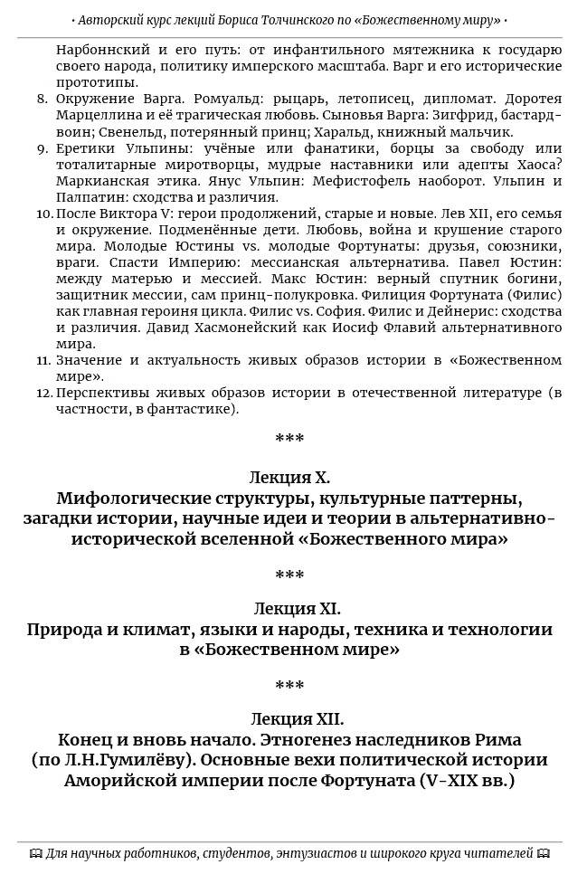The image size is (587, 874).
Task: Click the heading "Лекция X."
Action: point(289,478)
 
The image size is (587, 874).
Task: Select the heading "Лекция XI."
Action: point(298,609)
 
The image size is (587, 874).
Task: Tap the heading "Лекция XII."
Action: point(297,719)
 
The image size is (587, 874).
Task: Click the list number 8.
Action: point(43,100)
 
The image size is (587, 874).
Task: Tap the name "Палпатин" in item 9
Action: point(87,197)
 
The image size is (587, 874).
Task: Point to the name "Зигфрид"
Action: point(459,116)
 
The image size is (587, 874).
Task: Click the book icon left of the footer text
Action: point(35,853)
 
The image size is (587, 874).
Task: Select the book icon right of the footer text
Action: point(543,853)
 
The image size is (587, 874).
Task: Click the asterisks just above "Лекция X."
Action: point(289,440)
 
